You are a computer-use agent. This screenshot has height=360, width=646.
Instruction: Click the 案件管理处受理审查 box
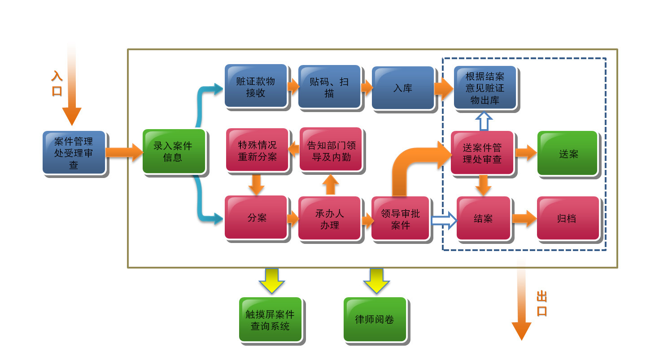point(74,152)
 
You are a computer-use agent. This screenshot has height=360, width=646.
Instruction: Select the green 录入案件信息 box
point(174,152)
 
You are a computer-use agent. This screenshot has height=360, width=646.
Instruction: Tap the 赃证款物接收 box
point(255,86)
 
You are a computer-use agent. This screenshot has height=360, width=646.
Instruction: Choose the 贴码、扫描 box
point(329,87)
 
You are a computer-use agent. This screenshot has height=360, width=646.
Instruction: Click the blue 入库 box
point(402,88)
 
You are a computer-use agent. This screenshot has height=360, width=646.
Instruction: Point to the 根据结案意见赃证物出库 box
point(484,88)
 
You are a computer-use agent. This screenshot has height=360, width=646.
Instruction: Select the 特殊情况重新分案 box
point(257,150)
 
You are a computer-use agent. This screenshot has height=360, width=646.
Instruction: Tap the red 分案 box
point(256,217)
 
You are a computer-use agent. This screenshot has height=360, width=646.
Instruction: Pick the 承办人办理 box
point(329,218)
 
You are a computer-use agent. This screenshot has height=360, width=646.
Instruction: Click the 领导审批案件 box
point(400,219)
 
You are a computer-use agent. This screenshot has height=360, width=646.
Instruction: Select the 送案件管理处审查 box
point(482,153)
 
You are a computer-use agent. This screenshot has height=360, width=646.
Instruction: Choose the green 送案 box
point(567,153)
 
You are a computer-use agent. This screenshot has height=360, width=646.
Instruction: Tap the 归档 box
point(567,218)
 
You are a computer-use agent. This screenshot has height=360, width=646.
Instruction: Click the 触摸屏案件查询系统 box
point(270,320)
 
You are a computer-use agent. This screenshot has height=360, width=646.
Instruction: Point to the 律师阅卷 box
point(375,320)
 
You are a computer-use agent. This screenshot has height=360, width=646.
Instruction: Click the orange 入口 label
point(57,83)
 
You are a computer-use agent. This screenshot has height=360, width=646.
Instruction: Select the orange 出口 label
point(541,304)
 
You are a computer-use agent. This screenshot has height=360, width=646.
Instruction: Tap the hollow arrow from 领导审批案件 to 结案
point(443,220)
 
